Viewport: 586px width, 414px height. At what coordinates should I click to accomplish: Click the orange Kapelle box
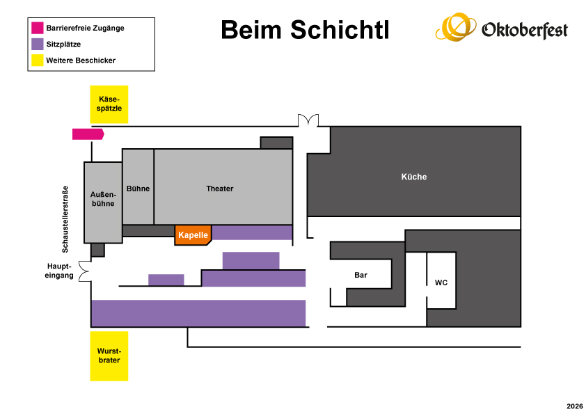(x=193, y=235)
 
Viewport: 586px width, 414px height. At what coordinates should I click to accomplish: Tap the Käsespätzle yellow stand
(x=109, y=104)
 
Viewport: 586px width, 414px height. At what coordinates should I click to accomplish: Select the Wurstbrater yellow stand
(x=109, y=356)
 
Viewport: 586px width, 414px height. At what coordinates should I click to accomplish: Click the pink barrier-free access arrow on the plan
(x=88, y=134)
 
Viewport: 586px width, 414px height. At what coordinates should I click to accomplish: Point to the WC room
(x=441, y=280)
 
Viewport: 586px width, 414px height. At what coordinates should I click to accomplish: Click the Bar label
(x=361, y=275)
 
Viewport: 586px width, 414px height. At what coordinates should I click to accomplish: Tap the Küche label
(x=414, y=177)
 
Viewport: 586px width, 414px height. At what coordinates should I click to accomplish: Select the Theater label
(x=220, y=189)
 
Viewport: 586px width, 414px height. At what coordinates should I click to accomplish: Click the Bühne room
(x=138, y=187)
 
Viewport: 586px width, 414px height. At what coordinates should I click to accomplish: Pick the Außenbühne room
(x=103, y=202)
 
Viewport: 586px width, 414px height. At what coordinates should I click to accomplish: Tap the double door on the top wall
(x=308, y=120)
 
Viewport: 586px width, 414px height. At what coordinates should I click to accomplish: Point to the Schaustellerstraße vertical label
(x=65, y=219)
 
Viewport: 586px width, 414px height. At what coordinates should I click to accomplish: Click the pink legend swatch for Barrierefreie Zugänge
(x=38, y=28)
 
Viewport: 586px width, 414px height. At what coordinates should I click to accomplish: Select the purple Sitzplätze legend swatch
(x=38, y=44)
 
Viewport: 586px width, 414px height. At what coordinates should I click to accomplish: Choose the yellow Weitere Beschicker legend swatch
(x=38, y=60)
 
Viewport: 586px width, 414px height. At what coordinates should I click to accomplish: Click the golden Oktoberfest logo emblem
(x=456, y=27)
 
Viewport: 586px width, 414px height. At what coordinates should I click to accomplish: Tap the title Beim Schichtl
(x=305, y=30)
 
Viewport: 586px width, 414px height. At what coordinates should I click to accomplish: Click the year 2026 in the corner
(x=575, y=406)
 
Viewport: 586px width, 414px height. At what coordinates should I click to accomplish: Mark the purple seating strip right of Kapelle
(x=252, y=232)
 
